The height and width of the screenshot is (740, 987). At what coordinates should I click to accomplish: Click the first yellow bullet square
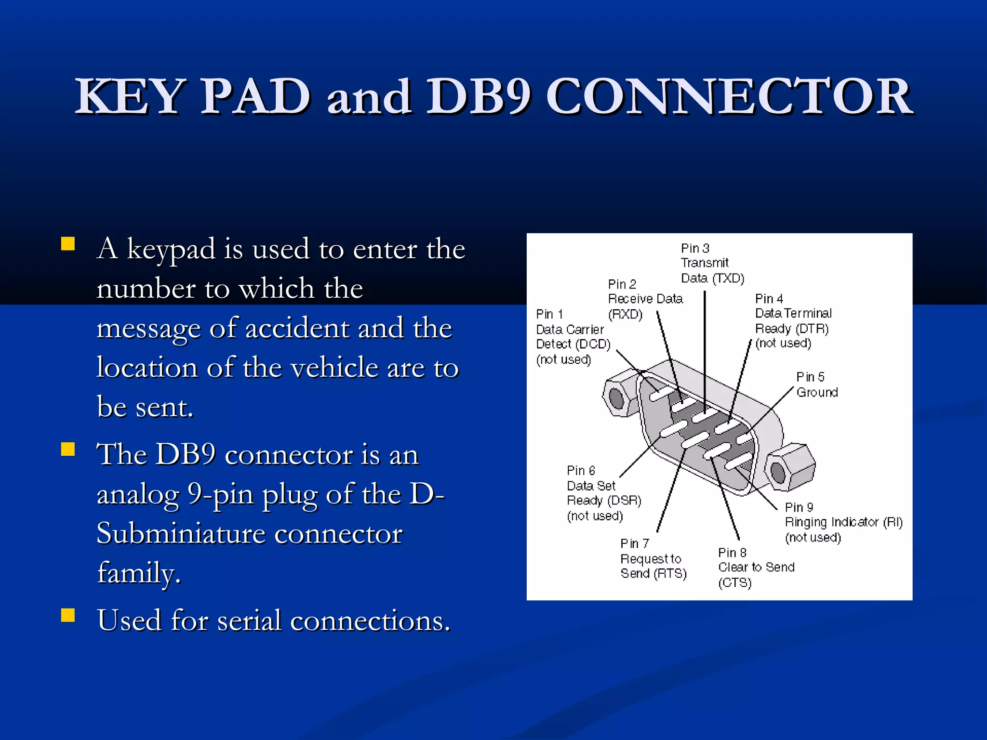coord(68,244)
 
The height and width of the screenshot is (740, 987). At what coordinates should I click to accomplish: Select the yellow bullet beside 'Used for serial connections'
coord(68,615)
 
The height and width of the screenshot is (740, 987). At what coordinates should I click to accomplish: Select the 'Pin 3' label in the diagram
coord(695,248)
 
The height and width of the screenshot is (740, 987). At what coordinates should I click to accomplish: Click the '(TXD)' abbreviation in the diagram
coord(728,278)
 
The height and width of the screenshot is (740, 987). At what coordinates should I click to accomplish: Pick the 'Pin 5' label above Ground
coord(810,377)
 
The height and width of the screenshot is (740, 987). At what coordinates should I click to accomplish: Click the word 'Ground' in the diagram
coord(817,392)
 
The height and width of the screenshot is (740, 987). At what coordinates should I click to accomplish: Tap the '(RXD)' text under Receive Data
coord(625,315)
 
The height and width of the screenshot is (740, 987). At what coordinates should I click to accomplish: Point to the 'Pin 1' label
coord(549,314)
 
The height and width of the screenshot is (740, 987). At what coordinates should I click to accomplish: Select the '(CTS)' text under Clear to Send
coord(734,583)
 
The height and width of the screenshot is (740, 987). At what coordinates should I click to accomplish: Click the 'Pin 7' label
coord(635,543)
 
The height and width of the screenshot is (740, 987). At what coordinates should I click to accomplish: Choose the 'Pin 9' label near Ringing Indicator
coord(799,507)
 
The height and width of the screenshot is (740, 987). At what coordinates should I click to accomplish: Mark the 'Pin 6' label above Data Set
coord(581,470)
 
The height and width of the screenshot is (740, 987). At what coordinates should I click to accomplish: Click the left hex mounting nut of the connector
coord(618,396)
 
